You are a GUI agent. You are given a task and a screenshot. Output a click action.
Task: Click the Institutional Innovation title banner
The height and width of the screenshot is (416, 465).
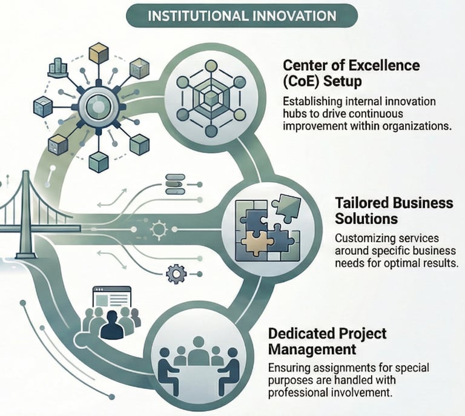click(232, 14)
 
